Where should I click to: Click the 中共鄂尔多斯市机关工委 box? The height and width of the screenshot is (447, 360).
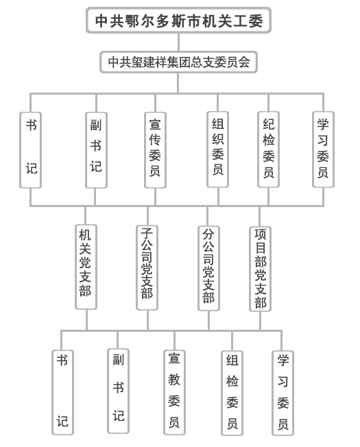pos(178,21)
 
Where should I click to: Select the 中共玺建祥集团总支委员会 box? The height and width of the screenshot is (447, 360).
pos(178,62)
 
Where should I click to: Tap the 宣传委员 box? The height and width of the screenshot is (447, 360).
pos(155,150)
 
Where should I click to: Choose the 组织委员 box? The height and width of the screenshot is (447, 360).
pos(218,149)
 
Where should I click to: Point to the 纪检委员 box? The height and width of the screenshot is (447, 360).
pos(268,149)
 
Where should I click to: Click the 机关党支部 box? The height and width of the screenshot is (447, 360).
pos(86,267)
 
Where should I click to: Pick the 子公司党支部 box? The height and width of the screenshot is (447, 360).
pos(147,267)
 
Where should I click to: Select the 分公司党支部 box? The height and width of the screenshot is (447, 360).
pos(208,268)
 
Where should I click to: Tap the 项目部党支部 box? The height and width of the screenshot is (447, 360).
pos(260,269)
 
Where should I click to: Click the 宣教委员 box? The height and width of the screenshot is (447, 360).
pos(174,393)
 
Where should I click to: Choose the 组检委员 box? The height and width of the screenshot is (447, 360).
pos(232,393)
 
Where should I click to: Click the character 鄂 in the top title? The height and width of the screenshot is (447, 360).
pos(132,21)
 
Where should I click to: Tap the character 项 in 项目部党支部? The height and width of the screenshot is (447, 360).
pos(261,234)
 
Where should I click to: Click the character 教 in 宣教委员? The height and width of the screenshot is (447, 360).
pos(174,379)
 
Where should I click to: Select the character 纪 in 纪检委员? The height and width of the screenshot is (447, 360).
pos(269,124)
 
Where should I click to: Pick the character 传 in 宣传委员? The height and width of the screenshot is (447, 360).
pos(155,140)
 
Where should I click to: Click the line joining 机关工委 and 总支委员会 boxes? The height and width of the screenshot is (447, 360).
pos(178,43)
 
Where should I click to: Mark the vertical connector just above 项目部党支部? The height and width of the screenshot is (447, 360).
pos(259,217)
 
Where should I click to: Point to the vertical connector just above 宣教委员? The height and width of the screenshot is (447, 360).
pos(174,341)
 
